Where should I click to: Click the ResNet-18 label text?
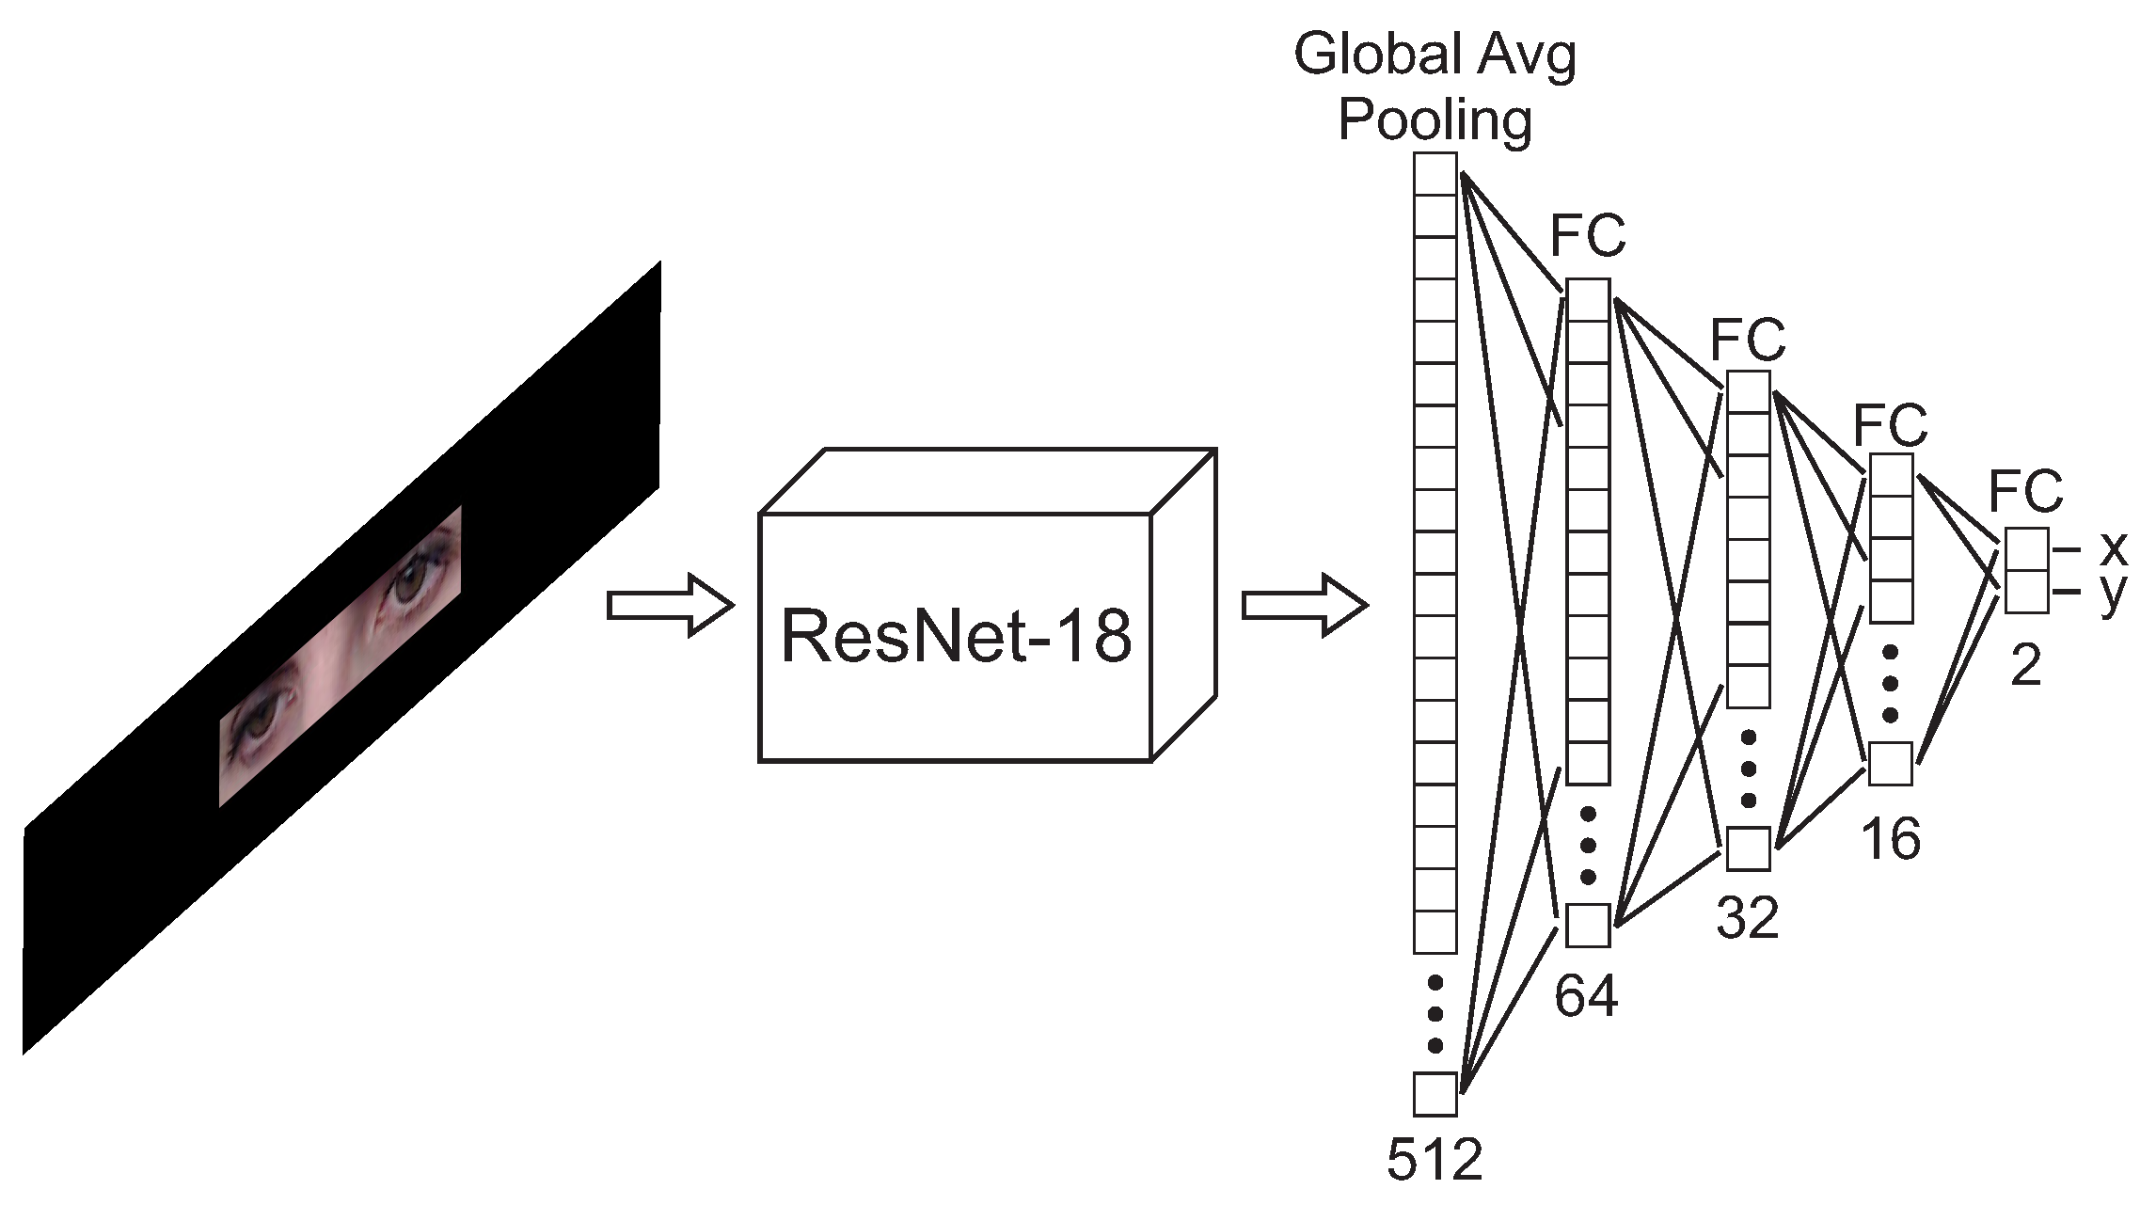coord(956,637)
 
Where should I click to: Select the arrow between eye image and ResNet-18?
coord(670,605)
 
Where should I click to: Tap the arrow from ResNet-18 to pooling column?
coord(1304,605)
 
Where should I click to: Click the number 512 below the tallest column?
coord(1434,1159)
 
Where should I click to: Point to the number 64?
coord(1586,996)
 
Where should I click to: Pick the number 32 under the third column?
coord(1747,917)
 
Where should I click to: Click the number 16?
coord(1890,838)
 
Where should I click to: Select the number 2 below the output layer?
coord(2025,666)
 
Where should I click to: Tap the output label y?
coord(2113,593)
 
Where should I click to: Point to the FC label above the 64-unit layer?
coord(1588,236)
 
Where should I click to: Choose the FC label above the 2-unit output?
coord(2025,490)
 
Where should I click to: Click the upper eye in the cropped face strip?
coord(412,585)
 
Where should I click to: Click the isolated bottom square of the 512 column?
coord(1435,1094)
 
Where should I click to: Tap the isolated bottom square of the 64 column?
coord(1588,925)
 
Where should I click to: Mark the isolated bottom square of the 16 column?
coord(1890,763)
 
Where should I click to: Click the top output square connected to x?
coord(2026,549)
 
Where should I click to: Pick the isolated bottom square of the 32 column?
coord(1748,848)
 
